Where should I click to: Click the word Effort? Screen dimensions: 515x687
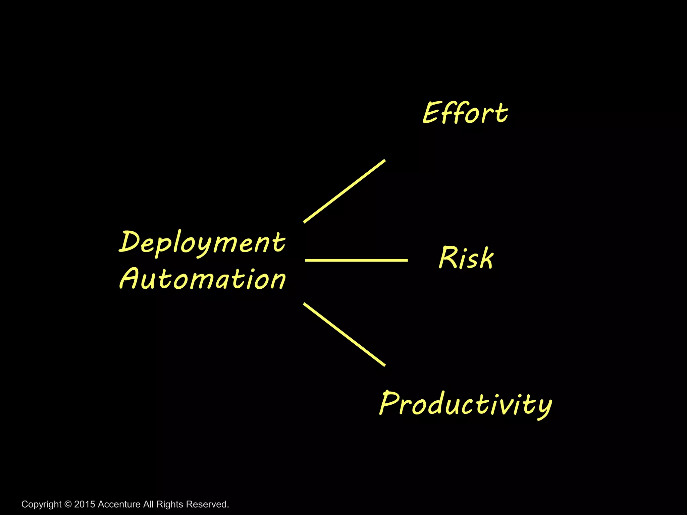465,113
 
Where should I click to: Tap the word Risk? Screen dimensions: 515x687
466,257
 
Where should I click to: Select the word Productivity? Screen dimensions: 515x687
466,404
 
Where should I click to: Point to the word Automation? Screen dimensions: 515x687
202,279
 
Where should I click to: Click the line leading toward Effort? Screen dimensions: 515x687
344,191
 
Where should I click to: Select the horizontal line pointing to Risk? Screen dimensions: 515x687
356,260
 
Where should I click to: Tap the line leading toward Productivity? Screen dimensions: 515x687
344,334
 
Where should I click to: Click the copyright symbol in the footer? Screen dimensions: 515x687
68,504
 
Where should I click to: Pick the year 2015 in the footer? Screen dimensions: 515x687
85,504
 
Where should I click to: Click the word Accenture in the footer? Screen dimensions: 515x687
119,504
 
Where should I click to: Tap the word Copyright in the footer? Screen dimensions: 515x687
42,504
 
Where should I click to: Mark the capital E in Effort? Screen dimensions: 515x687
431,113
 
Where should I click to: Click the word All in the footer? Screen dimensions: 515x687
149,504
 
